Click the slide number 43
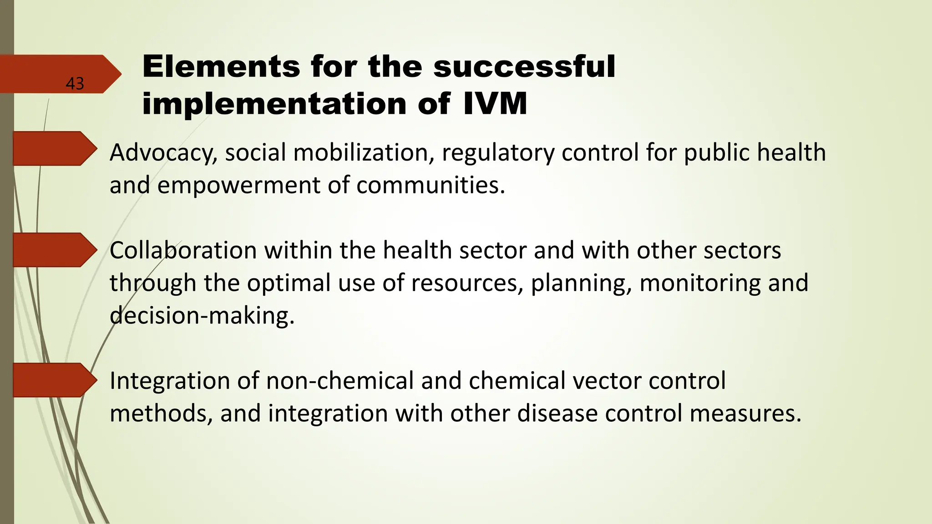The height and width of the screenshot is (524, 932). point(75,84)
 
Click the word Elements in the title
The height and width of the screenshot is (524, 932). point(221,66)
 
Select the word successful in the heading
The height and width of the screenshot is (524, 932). point(524,66)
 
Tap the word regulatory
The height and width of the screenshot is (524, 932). point(498,153)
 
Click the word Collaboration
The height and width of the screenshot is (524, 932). point(183,250)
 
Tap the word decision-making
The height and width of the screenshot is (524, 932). point(202,316)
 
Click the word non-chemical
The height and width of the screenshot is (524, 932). point(340,380)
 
